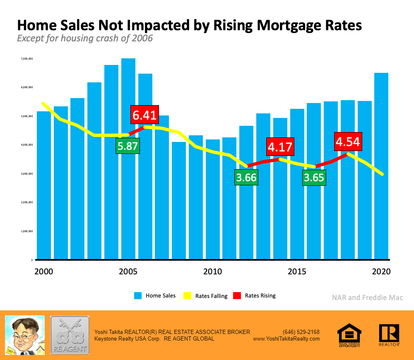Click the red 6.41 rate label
[x=144, y=114]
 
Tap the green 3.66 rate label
[x=246, y=178]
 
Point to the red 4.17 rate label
[x=280, y=146]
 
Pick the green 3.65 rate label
[x=314, y=178]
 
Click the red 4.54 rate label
[x=348, y=141]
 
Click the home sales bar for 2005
[x=128, y=199]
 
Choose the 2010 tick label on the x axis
[x=212, y=271]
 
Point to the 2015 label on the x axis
[x=297, y=271]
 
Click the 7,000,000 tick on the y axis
[x=27, y=59]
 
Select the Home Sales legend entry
[x=155, y=295]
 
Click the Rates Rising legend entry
[x=255, y=295]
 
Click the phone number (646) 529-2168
[x=301, y=332]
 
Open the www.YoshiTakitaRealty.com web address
[x=286, y=338]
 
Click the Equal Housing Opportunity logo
[x=349, y=335]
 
